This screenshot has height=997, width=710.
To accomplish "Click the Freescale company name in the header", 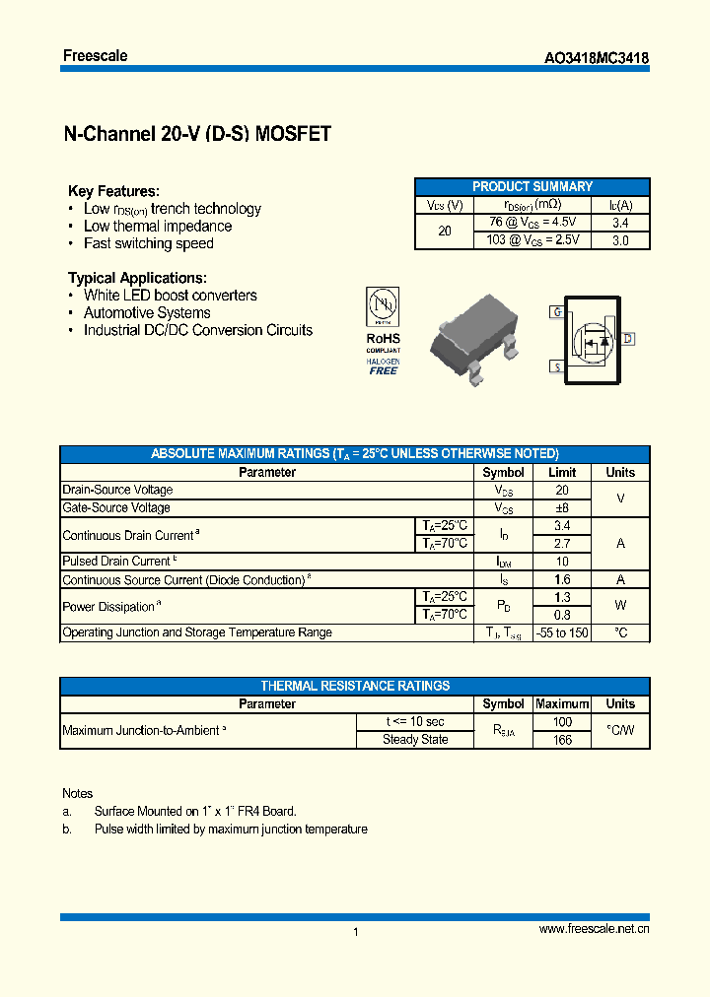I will click(95, 55).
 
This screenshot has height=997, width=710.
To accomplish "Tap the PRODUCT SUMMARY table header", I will click(532, 186).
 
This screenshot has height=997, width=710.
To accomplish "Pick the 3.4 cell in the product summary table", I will click(620, 223).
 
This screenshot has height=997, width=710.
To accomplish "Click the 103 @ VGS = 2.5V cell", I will click(532, 239).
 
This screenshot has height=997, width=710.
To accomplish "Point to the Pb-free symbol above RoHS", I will click(383, 305).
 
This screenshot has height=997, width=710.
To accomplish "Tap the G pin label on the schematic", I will click(556, 312).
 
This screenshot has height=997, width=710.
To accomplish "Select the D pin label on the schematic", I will click(627, 339).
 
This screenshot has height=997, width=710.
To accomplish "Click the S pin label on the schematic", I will click(556, 366).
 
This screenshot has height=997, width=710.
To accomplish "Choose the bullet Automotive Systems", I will click(147, 312).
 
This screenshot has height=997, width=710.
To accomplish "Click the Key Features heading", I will click(113, 191).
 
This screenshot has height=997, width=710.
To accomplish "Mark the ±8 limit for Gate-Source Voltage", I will click(562, 507).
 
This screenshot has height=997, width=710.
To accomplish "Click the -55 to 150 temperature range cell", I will click(562, 632).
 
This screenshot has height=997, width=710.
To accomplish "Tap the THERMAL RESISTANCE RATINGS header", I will click(355, 686).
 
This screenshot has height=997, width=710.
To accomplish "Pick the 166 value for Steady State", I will click(562, 740).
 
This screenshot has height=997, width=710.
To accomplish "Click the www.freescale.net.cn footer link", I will click(594, 929).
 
